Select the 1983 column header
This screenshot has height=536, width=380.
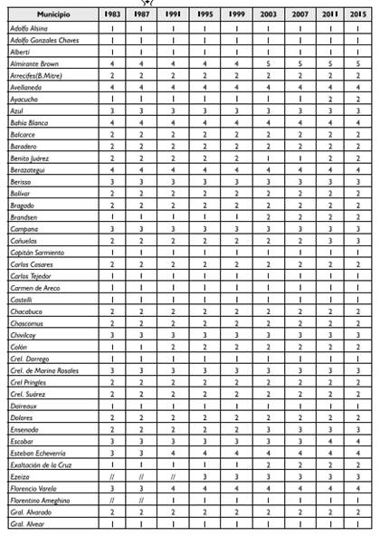(x=112, y=16)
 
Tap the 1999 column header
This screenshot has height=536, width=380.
(x=237, y=16)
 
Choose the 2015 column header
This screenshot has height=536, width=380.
(x=359, y=16)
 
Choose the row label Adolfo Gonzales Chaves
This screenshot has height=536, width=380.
(x=45, y=41)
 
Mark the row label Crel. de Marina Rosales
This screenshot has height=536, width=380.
(x=45, y=370)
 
